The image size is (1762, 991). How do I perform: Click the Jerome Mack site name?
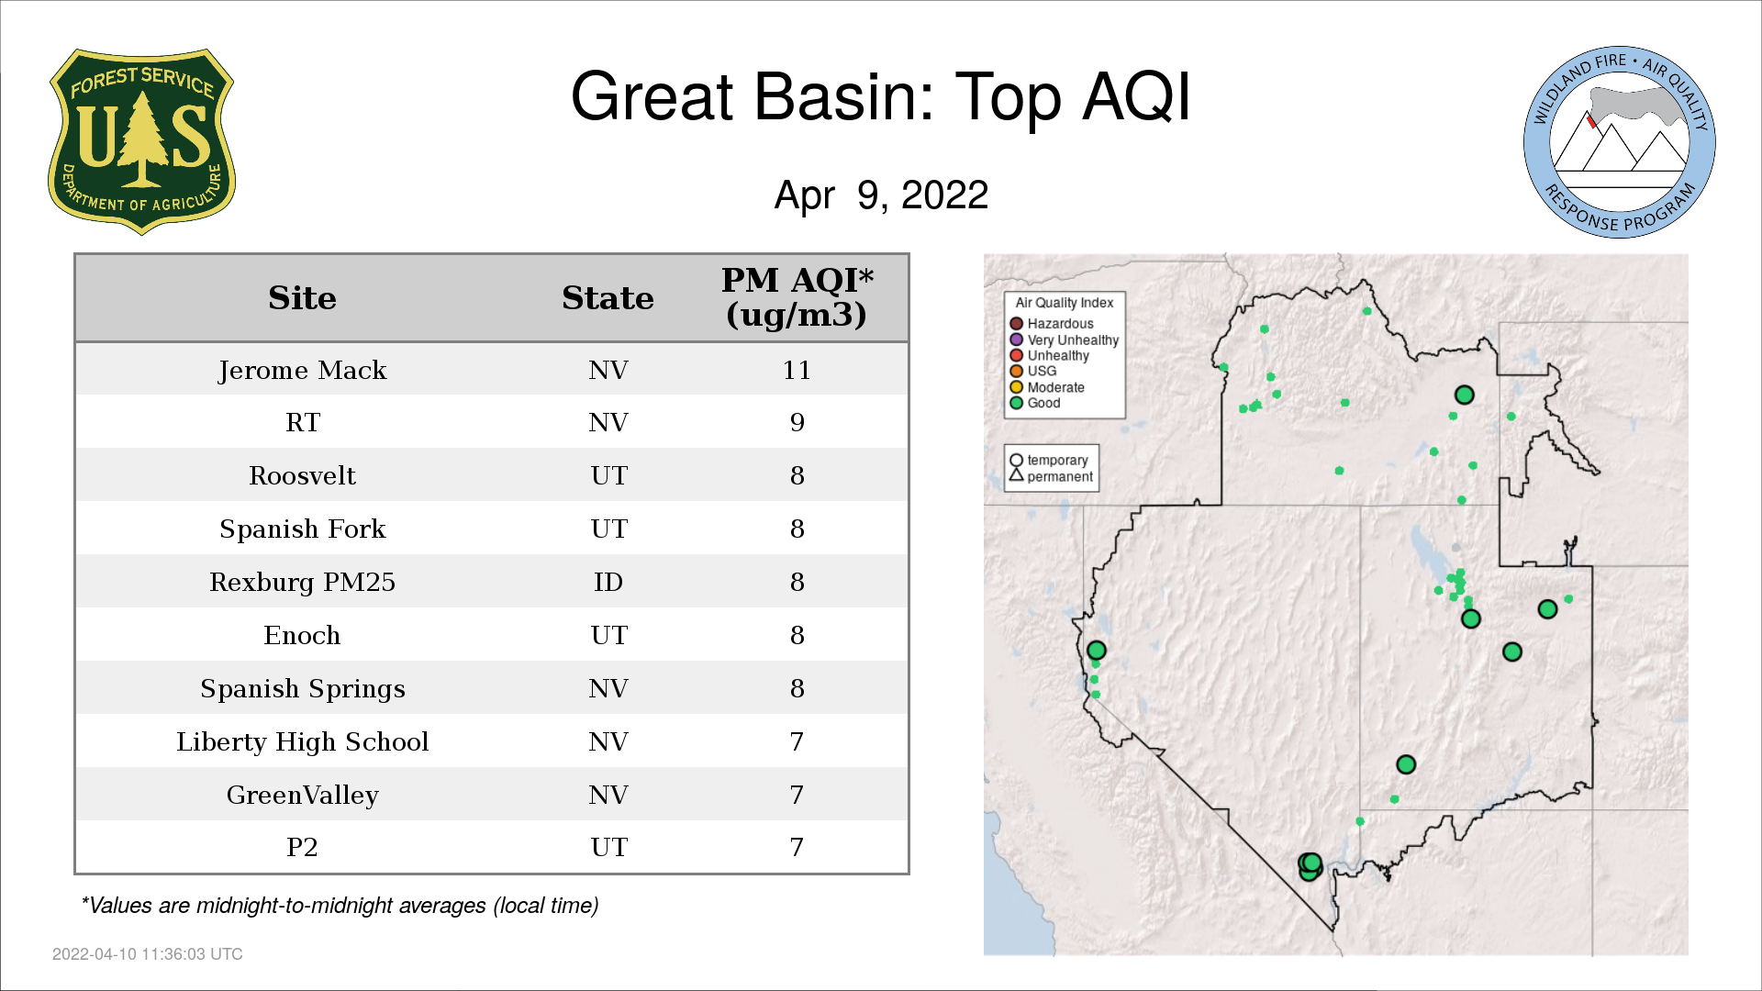tap(302, 370)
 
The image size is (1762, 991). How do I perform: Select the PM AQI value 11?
tap(797, 370)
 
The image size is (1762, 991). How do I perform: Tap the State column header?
tap(608, 298)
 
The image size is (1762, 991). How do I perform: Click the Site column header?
tap(302, 298)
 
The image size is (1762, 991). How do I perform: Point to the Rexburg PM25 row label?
tap(302, 582)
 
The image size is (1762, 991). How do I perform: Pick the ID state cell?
tap(608, 582)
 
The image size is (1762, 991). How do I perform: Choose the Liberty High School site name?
tap(302, 741)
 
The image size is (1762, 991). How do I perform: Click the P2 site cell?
tap(302, 847)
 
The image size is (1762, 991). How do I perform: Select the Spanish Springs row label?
tap(302, 689)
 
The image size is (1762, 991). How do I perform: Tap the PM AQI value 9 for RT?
tap(797, 422)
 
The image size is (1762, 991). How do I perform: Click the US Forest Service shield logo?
tap(141, 141)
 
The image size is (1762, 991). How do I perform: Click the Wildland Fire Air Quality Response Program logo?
tap(1620, 142)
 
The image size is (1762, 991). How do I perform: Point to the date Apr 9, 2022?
tap(881, 195)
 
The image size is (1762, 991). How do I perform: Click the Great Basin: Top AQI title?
tap(881, 96)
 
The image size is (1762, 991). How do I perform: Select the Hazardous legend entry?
tap(1052, 324)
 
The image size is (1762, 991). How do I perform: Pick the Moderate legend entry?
tap(1047, 387)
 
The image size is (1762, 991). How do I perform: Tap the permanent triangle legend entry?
tap(1051, 476)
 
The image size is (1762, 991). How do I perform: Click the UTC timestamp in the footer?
tap(148, 954)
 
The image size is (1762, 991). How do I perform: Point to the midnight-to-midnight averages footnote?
tap(340, 906)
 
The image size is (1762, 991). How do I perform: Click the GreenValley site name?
tap(302, 795)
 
